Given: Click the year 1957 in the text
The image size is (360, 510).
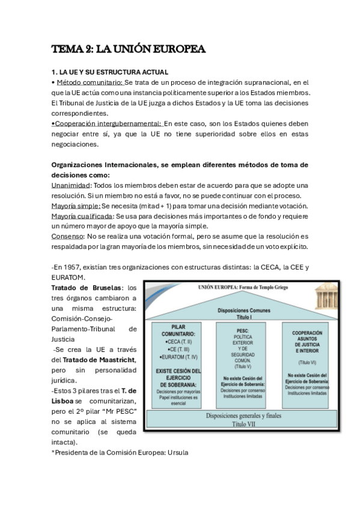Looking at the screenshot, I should [x=77, y=267].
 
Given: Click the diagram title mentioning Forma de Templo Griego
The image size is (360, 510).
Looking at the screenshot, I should [x=243, y=288].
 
